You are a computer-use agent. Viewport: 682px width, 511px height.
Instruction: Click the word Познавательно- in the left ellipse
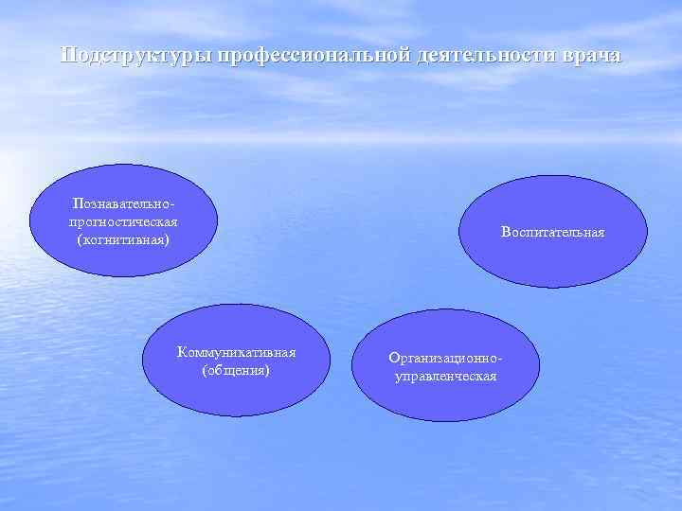coord(124,204)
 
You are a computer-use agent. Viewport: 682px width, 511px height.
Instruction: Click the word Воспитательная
coord(553,233)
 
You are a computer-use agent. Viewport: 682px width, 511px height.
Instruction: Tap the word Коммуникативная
coord(237,353)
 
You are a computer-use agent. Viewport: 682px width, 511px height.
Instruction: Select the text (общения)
coord(237,370)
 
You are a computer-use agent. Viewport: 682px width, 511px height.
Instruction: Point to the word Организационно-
coord(445,359)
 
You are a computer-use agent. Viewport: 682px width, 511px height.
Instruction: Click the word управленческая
coord(445,376)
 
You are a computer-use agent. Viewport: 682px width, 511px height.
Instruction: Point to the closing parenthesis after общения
coord(268,370)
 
